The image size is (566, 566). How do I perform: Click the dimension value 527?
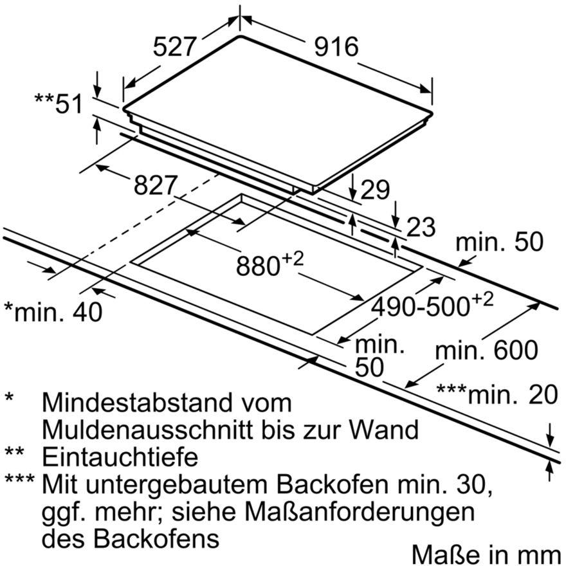[x=174, y=46]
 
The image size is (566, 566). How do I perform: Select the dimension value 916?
[x=336, y=46]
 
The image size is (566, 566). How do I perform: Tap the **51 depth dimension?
[x=59, y=104]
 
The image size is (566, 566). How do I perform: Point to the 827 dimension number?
[x=156, y=185]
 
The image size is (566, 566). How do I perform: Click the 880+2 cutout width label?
[x=269, y=264]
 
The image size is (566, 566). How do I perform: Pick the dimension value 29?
[x=375, y=190]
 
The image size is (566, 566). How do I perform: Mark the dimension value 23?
[x=421, y=227]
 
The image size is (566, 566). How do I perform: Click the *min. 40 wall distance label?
[x=53, y=311]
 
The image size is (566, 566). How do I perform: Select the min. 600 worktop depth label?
[x=486, y=350]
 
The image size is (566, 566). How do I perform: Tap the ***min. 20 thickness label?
[x=497, y=394]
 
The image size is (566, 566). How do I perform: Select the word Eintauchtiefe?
[x=120, y=457]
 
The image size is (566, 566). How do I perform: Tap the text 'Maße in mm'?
[x=486, y=554]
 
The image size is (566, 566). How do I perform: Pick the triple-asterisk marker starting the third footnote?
[x=19, y=479]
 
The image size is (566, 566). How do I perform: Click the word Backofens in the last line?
[x=156, y=539]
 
